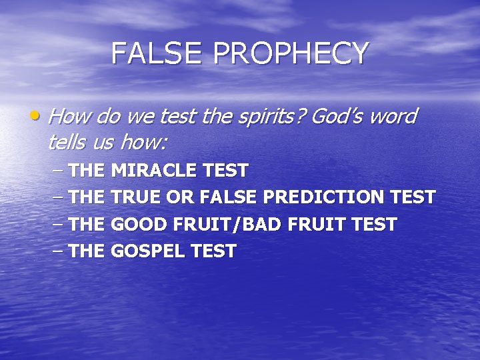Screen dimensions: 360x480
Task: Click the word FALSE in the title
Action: (151, 53)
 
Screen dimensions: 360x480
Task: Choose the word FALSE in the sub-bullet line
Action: (231, 198)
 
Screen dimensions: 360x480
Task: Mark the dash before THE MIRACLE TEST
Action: (57, 171)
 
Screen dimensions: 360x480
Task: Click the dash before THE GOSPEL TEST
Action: (57, 251)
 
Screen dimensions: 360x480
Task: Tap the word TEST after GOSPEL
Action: (215, 251)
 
